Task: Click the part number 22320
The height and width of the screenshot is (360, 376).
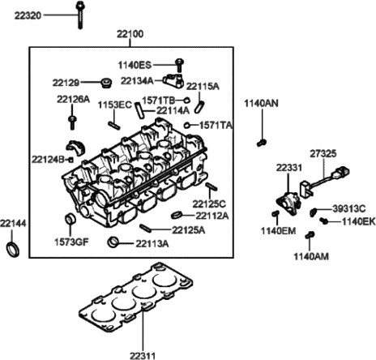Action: [x=28, y=15]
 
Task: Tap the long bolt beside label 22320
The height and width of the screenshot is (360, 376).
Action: [x=79, y=15]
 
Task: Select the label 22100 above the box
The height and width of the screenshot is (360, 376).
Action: [x=130, y=34]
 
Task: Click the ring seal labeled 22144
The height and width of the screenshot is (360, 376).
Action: [x=13, y=250]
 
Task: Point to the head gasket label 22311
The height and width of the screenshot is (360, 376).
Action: [x=143, y=355]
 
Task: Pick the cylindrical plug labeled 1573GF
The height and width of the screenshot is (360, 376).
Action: [x=70, y=219]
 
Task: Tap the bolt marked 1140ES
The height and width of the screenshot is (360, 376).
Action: [x=179, y=65]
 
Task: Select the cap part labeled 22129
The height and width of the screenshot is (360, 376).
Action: [x=106, y=83]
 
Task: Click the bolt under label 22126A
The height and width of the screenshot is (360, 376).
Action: [x=72, y=122]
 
